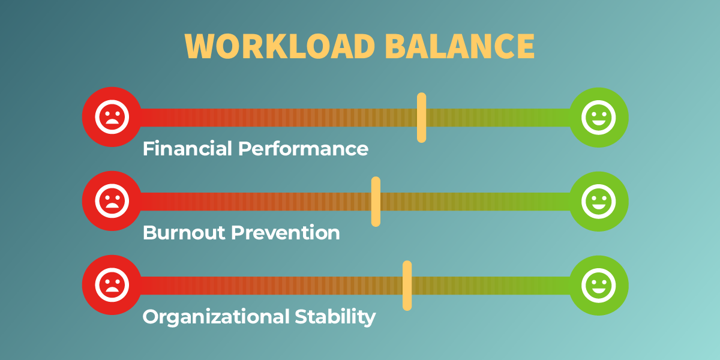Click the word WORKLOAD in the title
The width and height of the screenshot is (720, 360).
tap(280, 46)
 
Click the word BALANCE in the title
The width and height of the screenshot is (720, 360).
tap(460, 46)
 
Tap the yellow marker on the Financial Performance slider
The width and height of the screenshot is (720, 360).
tap(421, 118)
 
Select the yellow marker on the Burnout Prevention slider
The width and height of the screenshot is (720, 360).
tap(376, 202)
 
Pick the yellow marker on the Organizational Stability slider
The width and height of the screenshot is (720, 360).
tap(407, 286)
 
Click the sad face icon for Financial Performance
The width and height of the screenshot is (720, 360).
tap(112, 117)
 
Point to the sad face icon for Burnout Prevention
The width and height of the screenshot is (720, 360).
tap(112, 201)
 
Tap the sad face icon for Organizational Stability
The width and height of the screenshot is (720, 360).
tap(112, 285)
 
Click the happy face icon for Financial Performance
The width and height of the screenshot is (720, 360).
tap(599, 118)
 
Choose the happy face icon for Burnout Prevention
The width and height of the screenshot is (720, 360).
tap(599, 202)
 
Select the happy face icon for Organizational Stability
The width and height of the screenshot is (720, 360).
tap(599, 286)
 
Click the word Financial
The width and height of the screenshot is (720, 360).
tap(187, 149)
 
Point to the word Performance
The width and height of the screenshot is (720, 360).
tap(303, 149)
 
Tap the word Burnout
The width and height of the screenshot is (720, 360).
tap(184, 233)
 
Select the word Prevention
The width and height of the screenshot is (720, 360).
tap(286, 233)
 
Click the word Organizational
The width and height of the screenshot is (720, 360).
tap(216, 317)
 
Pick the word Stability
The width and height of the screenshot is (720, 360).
tap(335, 317)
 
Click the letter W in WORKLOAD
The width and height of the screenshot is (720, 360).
tap(199, 46)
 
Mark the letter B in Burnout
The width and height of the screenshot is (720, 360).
tap(149, 233)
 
